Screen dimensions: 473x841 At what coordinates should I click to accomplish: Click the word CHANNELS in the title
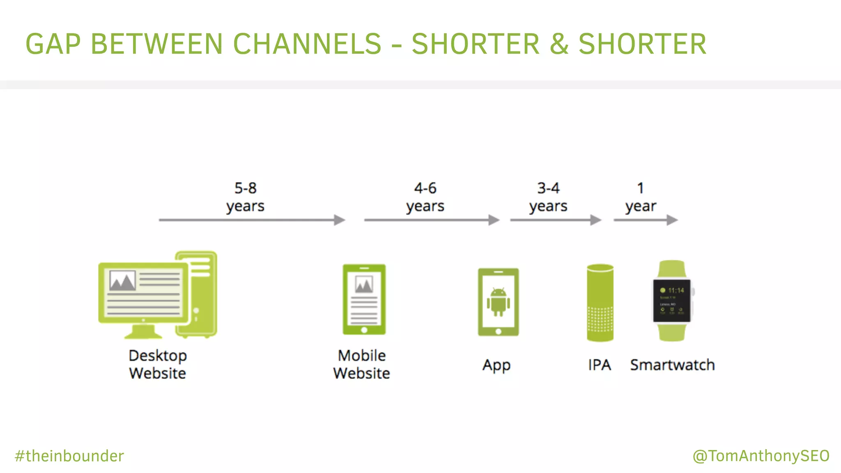pyautogui.click(x=307, y=44)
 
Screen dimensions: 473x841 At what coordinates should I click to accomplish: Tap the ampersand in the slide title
pyautogui.click(x=559, y=44)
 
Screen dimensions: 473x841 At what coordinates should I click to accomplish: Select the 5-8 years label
pyautogui.click(x=245, y=197)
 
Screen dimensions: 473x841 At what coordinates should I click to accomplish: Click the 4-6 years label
pyautogui.click(x=425, y=197)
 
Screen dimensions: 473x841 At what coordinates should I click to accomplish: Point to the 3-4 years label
pyautogui.click(x=548, y=197)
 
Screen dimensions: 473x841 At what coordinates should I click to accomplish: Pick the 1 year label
pyautogui.click(x=641, y=197)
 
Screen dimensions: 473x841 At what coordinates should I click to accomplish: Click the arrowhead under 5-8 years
pyautogui.click(x=340, y=220)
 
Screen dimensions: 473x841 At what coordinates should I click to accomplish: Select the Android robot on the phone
pyautogui.click(x=498, y=302)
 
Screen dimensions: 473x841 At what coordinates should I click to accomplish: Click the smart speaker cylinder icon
pyautogui.click(x=600, y=303)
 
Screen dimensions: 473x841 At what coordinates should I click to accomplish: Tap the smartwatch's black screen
pyautogui.click(x=672, y=301)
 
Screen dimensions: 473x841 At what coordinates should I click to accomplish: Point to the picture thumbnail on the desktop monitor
pyautogui.click(x=122, y=281)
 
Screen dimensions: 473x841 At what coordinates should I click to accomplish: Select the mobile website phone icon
pyautogui.click(x=364, y=299)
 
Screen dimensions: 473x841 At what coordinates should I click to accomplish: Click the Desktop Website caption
pyautogui.click(x=158, y=364)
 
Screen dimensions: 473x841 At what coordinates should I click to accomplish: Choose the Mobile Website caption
pyautogui.click(x=361, y=364)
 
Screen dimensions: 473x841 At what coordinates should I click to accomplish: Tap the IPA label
pyautogui.click(x=600, y=365)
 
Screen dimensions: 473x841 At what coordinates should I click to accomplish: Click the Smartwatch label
pyautogui.click(x=672, y=365)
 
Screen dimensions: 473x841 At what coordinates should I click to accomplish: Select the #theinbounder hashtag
pyautogui.click(x=69, y=456)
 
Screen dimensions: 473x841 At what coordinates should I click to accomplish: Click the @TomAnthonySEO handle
pyautogui.click(x=761, y=456)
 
